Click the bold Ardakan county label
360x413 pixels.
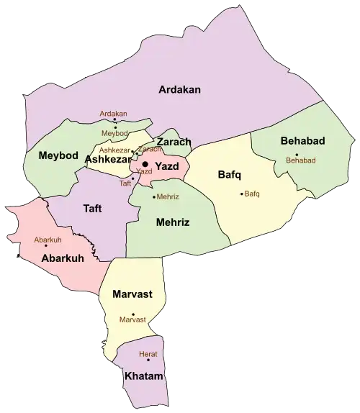tap(180, 89)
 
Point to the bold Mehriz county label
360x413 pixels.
tap(173, 222)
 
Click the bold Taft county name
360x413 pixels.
tap(92, 208)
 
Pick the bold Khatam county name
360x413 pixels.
tap(143, 376)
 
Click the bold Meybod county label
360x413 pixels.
tap(53, 155)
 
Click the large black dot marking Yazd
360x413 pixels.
tap(145, 165)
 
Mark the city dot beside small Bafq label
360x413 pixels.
tap(241, 194)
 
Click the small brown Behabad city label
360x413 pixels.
tap(301, 160)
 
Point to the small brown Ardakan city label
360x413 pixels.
tap(113, 114)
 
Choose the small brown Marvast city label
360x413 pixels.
tap(132, 319)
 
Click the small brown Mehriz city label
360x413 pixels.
tap(168, 196)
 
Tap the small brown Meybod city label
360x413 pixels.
tap(114, 134)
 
